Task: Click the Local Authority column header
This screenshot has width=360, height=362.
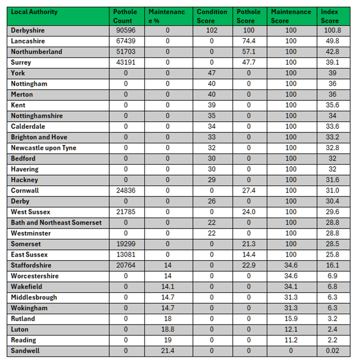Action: pos(34,12)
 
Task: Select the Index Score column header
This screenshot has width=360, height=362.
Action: pos(329,16)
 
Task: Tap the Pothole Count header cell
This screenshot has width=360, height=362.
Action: pos(125,16)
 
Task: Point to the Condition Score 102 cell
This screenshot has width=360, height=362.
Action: pos(211,31)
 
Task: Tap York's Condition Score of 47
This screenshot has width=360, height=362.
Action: pos(211,73)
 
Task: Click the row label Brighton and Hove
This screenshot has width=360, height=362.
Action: pos(39,137)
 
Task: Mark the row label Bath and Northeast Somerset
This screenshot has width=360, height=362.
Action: pos(56,223)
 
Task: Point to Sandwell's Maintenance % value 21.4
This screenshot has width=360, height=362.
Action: pos(168,350)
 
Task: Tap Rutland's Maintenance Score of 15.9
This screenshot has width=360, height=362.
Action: pos(291,318)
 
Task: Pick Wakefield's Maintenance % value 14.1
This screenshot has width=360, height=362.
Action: pos(168,287)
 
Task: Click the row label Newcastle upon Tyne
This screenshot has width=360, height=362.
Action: pos(43,148)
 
